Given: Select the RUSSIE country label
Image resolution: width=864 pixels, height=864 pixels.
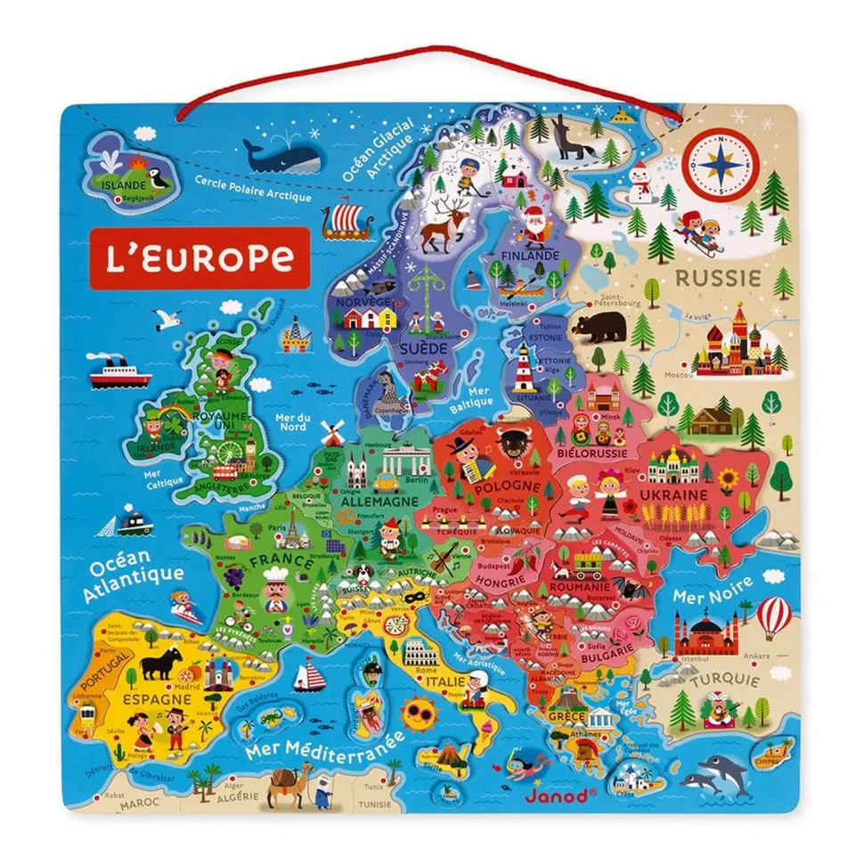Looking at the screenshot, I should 718,277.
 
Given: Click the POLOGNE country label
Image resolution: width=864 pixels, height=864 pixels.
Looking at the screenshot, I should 507,486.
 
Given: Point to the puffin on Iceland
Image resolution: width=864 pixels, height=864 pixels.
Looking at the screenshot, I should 159,175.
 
